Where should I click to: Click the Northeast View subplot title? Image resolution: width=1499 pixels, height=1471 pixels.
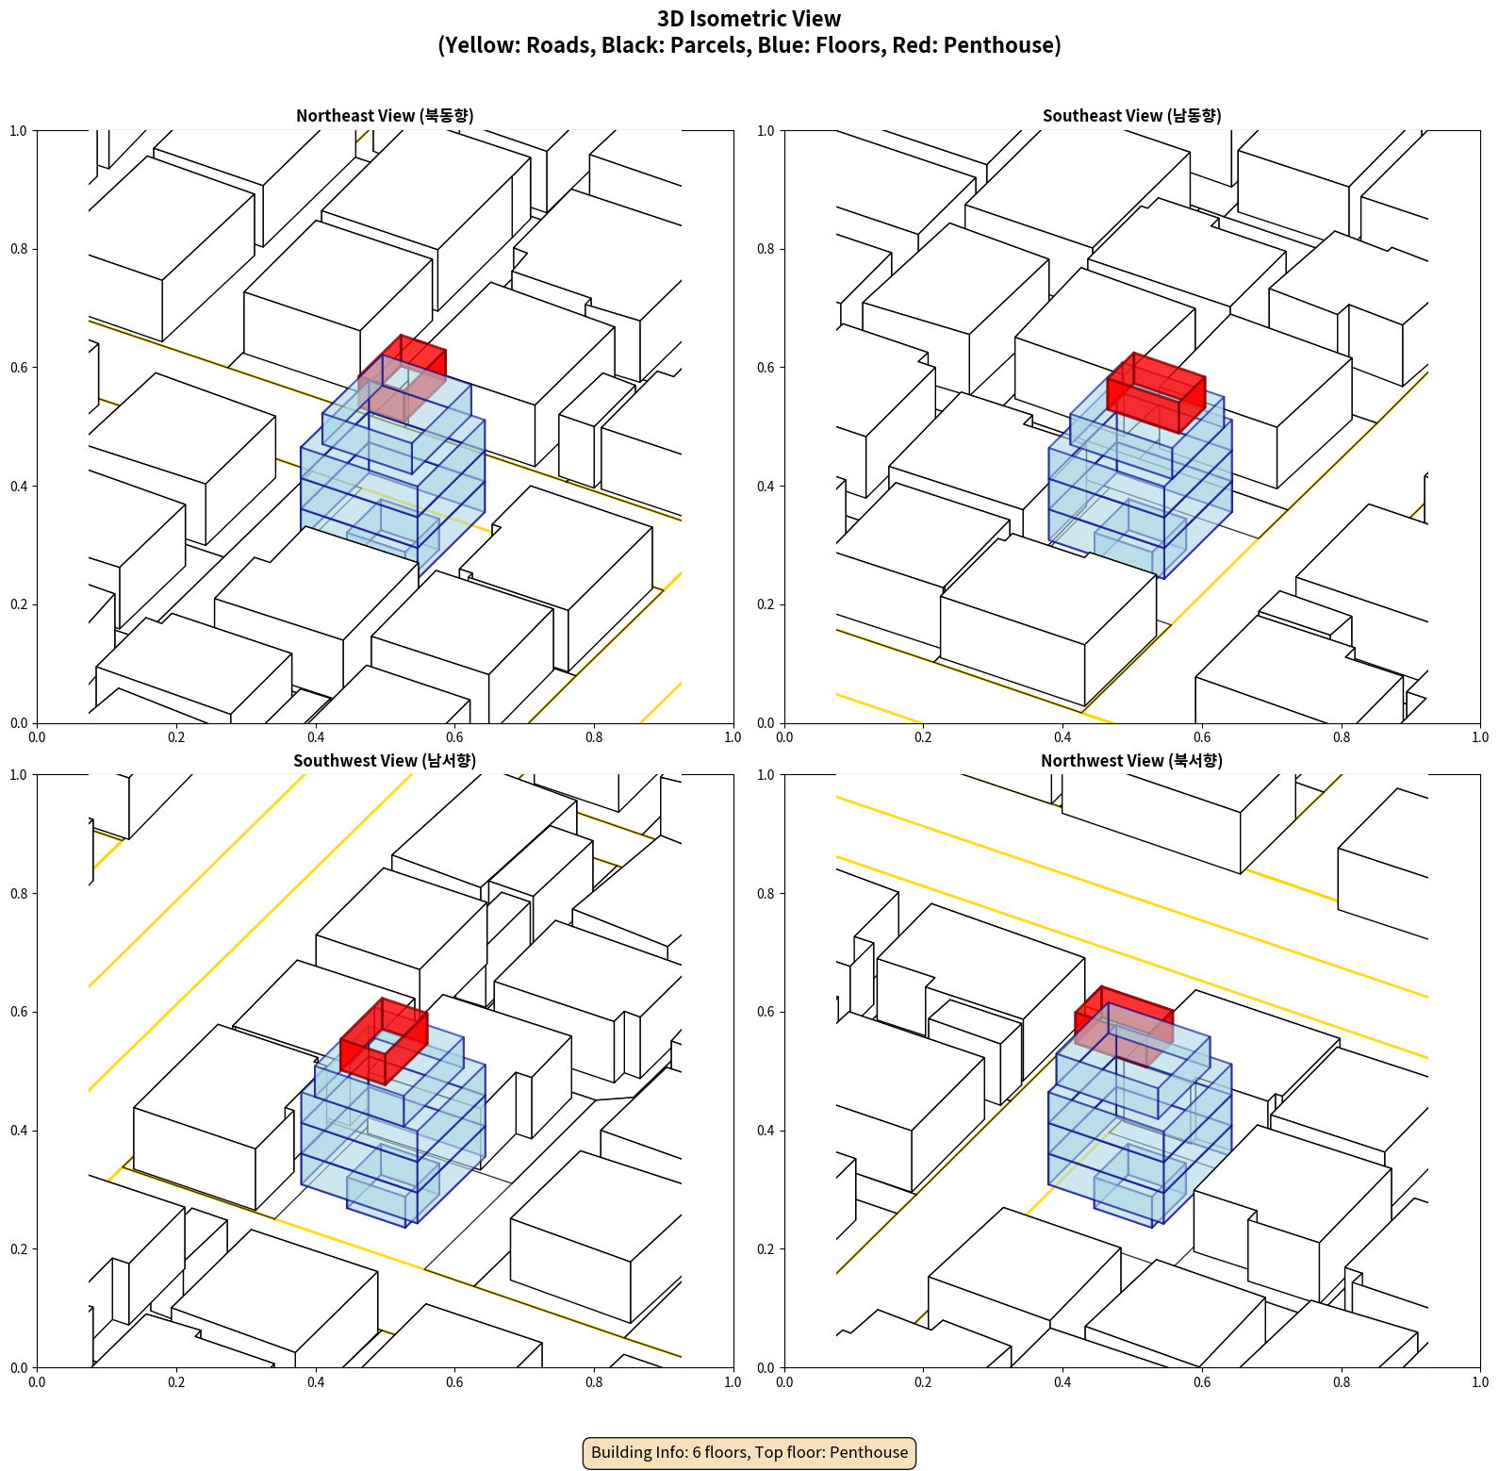[385, 116]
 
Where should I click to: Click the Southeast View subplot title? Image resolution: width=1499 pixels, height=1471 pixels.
[1131, 116]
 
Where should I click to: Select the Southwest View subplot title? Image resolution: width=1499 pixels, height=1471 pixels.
[385, 761]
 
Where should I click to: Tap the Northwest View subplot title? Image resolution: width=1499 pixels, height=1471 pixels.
[1131, 761]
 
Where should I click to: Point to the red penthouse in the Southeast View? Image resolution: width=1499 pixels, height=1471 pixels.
[1156, 392]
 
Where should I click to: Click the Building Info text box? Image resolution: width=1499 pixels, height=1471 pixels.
[749, 1452]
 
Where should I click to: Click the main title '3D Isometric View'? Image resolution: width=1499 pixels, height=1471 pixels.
[749, 19]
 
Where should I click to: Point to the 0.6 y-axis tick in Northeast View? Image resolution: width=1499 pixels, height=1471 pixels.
[19, 368]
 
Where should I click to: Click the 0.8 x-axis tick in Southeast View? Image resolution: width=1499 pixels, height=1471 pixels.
[1342, 737]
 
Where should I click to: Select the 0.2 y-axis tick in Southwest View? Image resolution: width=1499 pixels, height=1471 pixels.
[19, 1249]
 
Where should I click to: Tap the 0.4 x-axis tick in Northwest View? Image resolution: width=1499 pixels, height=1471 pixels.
[1062, 1382]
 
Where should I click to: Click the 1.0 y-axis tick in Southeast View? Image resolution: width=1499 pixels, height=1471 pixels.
[766, 131]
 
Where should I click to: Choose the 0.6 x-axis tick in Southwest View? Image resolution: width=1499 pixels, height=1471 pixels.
[454, 1382]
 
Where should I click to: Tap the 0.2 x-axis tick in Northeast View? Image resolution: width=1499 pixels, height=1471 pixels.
[176, 737]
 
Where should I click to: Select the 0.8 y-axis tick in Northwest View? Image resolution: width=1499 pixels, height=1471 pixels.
[766, 894]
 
